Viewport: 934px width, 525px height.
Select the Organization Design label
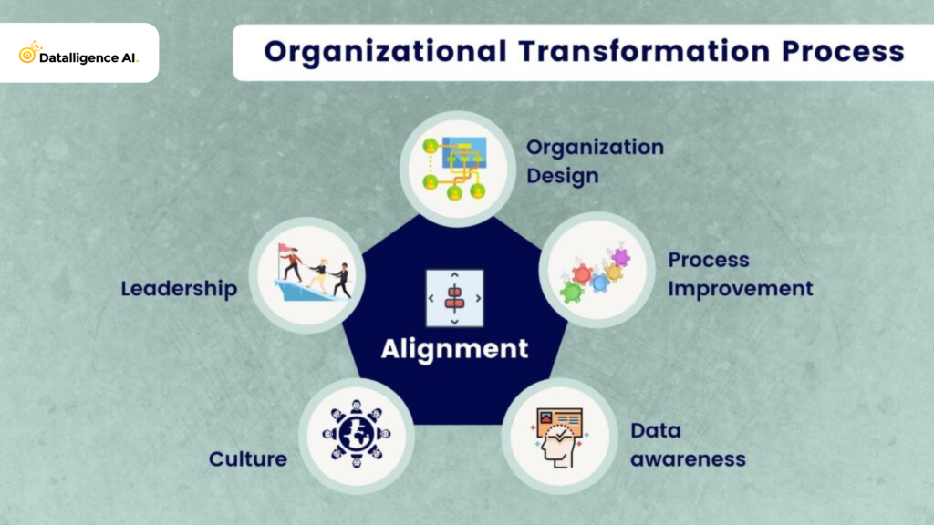595,160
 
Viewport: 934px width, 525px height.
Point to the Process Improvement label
740,273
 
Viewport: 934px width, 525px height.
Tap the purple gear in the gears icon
621,257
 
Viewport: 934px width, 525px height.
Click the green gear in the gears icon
571,292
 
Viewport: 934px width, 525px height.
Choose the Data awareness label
688,444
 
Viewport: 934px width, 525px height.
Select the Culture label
247,458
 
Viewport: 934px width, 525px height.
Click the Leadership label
179,289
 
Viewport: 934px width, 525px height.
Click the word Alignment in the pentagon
454,348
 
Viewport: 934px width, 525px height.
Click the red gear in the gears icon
582,273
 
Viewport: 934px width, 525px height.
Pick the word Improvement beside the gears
740,288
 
